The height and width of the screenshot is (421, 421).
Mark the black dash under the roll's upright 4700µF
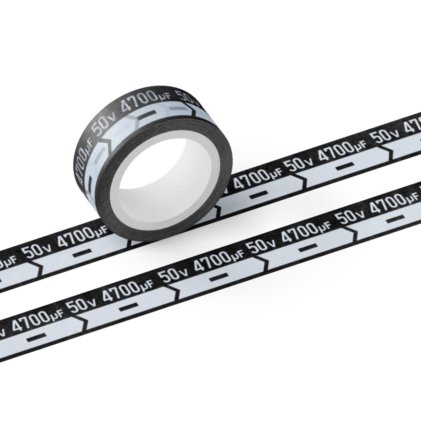(x=148, y=113)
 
